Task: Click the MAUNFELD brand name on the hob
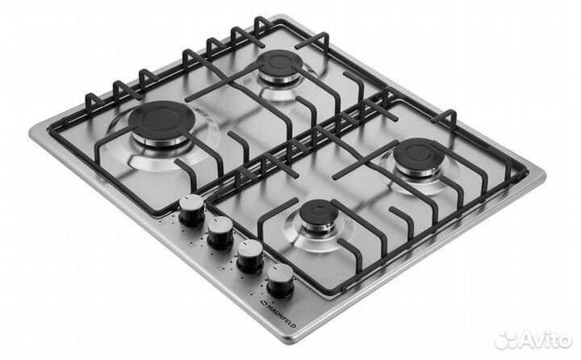[282, 314]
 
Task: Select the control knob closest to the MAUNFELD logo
[280, 281]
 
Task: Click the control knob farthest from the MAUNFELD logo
[191, 210]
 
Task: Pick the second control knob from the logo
[250, 257]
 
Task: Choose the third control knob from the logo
[220, 232]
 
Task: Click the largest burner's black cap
[161, 119]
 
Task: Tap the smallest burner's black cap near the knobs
[319, 212]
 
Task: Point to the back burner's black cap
[279, 61]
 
